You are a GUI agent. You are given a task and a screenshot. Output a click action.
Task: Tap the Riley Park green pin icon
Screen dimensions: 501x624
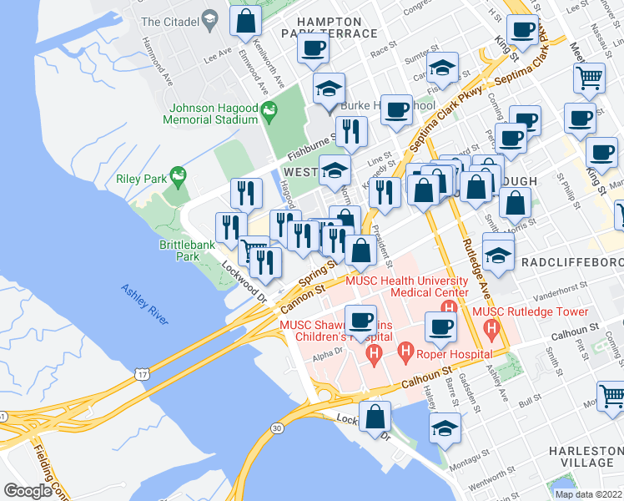(177, 175)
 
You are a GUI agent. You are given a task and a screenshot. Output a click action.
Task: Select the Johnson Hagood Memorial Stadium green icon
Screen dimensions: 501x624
(269, 109)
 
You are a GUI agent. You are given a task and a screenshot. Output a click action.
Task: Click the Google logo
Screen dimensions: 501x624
(28, 491)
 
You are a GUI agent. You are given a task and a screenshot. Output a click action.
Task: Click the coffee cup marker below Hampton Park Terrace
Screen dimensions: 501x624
(313, 48)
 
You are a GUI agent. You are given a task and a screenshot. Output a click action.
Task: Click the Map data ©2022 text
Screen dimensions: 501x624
(588, 493)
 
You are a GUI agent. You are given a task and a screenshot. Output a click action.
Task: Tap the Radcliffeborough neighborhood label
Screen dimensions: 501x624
(571, 262)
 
